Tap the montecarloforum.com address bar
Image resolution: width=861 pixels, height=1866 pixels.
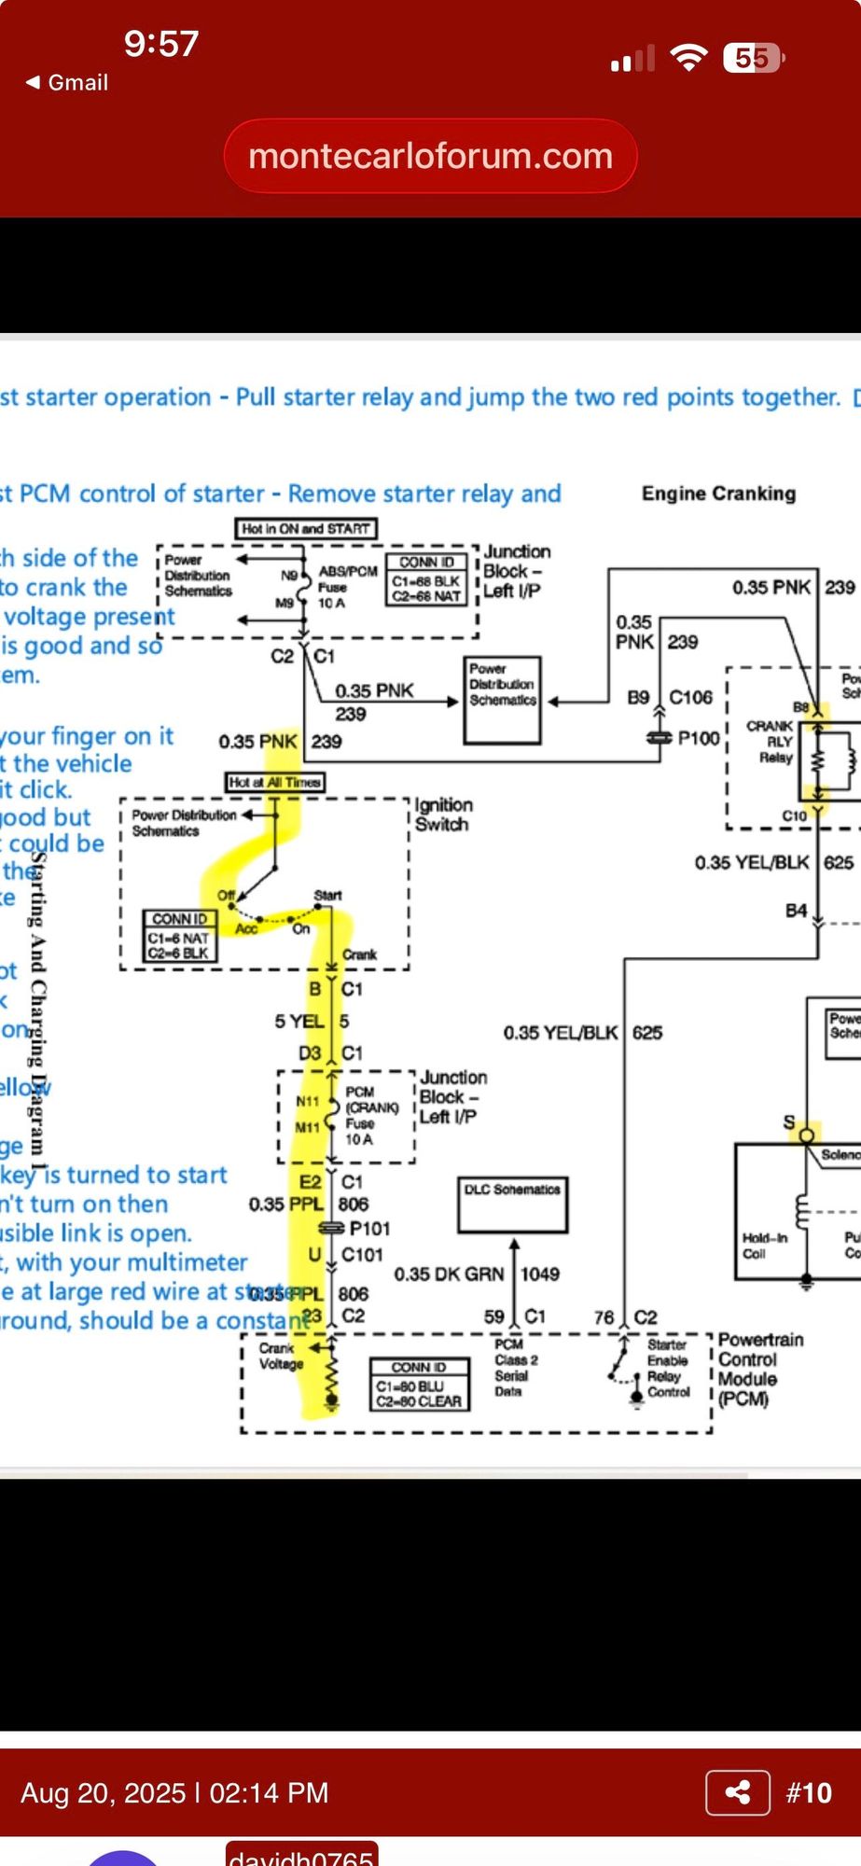[430, 156]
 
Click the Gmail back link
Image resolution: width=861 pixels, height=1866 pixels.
[67, 82]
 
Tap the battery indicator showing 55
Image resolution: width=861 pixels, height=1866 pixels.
[752, 59]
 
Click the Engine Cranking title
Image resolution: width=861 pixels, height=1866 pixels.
[718, 494]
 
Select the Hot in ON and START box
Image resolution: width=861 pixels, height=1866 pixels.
[306, 529]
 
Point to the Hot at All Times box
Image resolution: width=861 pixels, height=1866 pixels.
[275, 782]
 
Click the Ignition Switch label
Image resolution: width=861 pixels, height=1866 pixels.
[443, 815]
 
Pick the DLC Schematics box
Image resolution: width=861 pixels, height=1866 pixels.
[512, 1204]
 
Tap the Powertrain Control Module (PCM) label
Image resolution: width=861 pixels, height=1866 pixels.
[759, 1369]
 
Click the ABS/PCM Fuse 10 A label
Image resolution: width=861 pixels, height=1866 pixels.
[347, 587]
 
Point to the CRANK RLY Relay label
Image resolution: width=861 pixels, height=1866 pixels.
[771, 741]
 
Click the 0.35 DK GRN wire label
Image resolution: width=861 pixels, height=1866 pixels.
[449, 1274]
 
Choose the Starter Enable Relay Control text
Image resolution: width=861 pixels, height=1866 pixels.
[667, 1368]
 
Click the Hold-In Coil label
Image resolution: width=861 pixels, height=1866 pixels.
[764, 1246]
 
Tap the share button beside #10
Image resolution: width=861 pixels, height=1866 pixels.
[738, 1791]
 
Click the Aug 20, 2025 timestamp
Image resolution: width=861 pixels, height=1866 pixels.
[174, 1792]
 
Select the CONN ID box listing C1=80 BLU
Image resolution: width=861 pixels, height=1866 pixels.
[418, 1383]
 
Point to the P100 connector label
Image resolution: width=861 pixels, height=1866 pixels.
[698, 738]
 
